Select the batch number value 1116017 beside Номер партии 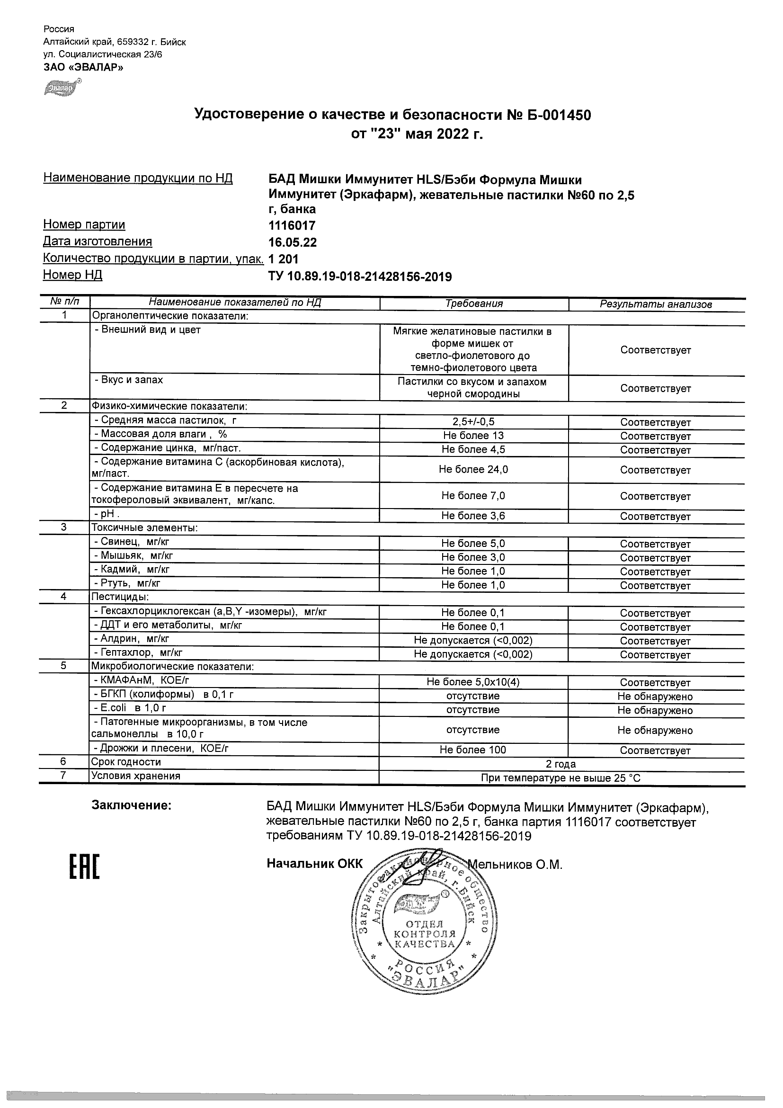pyautogui.click(x=292, y=225)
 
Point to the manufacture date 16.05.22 pyautogui.click(x=293, y=242)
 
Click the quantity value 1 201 pyautogui.click(x=283, y=259)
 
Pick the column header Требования pyautogui.click(x=474, y=304)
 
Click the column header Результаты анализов pyautogui.click(x=656, y=304)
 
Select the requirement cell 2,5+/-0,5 pyautogui.click(x=473, y=422)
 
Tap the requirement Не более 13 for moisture pyautogui.click(x=473, y=435)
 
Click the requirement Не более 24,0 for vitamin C pyautogui.click(x=473, y=469)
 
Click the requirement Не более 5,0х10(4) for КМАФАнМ pyautogui.click(x=473, y=682)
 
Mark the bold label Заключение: pyautogui.click(x=131, y=805)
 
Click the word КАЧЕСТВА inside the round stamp pyautogui.click(x=425, y=943)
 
